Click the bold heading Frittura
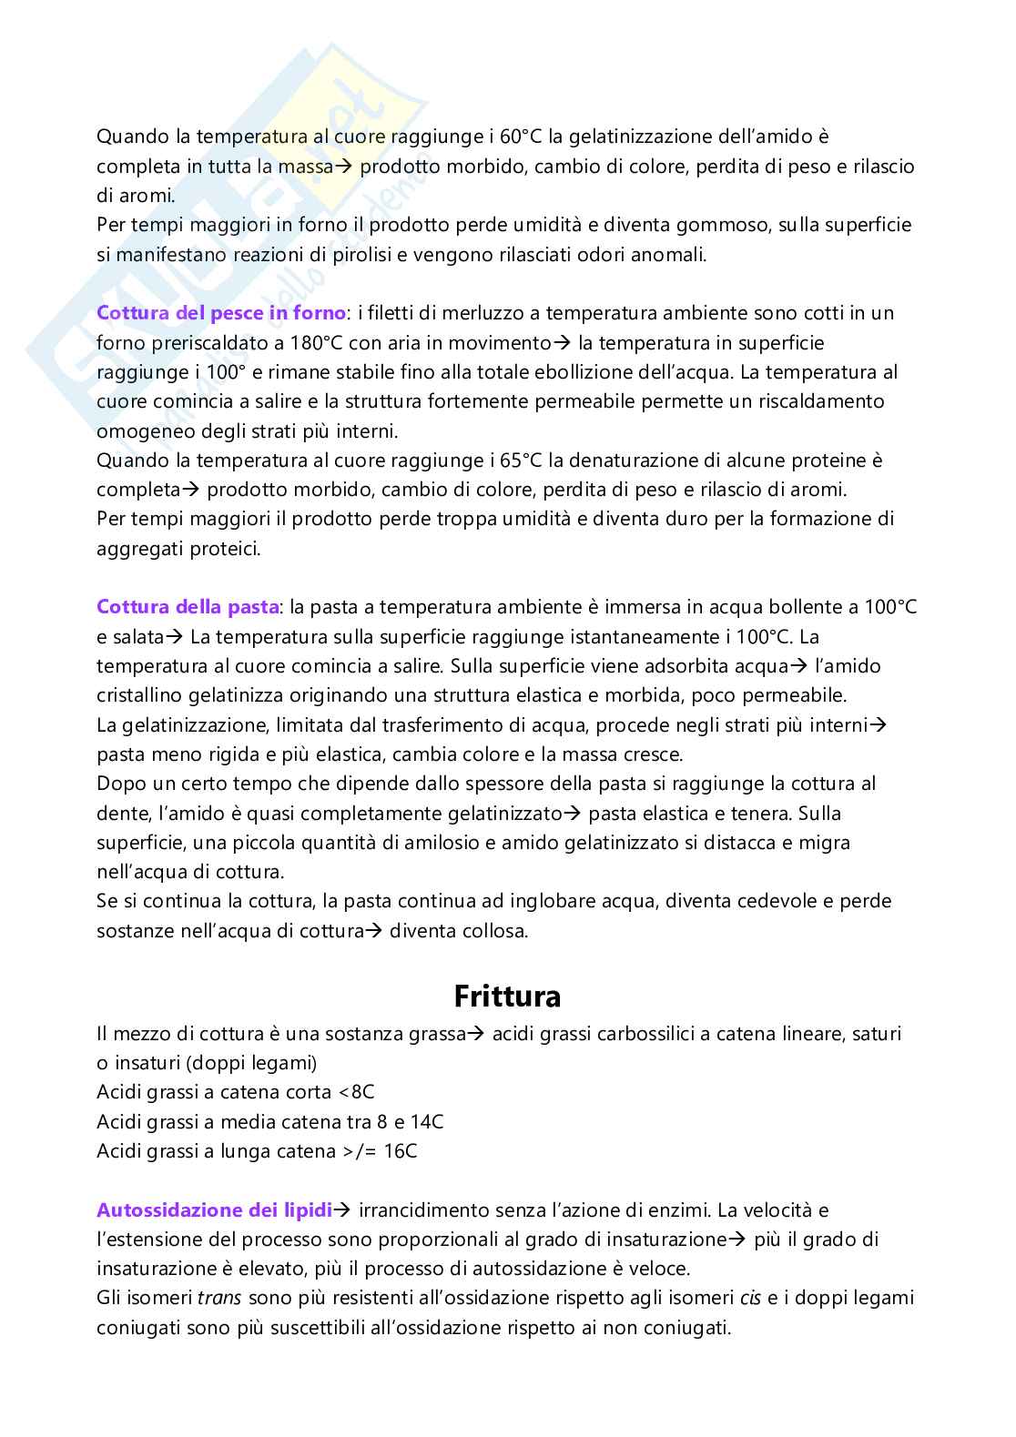click(x=507, y=997)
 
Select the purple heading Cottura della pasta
click(x=188, y=607)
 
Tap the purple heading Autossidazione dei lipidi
click(x=214, y=1210)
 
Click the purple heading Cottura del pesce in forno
click(x=221, y=313)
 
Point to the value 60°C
click(x=522, y=137)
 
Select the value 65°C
click(x=523, y=460)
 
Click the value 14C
click(x=426, y=1122)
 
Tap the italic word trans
click(x=219, y=1299)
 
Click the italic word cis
click(x=750, y=1299)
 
